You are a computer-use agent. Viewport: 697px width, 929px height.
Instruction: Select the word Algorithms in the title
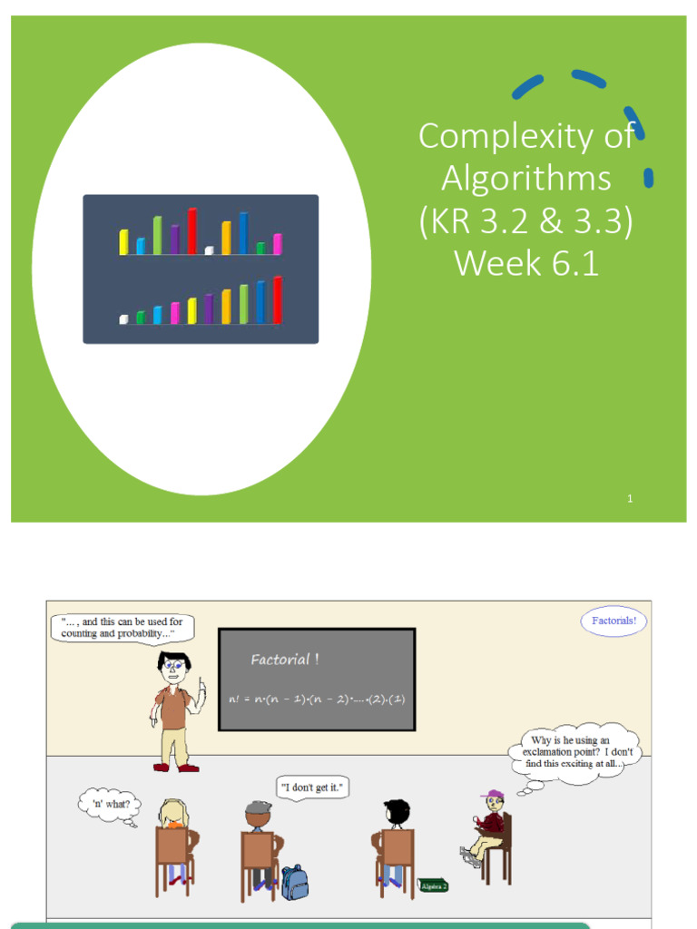click(x=526, y=179)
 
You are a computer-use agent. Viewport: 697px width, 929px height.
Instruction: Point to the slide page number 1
click(x=630, y=498)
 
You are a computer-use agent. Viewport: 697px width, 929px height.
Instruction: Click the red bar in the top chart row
click(x=192, y=231)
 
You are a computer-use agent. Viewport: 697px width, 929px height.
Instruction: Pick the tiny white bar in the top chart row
click(x=209, y=250)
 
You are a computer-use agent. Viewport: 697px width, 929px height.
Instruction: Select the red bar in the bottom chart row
click(x=278, y=300)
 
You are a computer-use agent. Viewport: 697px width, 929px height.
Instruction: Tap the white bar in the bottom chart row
click(x=123, y=319)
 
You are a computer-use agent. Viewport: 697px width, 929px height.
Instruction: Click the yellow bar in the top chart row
click(x=123, y=242)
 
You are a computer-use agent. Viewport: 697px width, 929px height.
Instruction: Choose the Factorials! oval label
click(x=614, y=621)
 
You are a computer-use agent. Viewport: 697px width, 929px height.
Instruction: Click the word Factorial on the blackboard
click(x=280, y=660)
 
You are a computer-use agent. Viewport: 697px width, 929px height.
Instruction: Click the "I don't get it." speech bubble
click(x=313, y=787)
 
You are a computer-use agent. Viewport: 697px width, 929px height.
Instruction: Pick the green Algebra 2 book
click(x=433, y=885)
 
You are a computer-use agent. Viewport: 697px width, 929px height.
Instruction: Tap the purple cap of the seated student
click(x=495, y=795)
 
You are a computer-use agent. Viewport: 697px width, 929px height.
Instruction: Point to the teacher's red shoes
click(x=176, y=768)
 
